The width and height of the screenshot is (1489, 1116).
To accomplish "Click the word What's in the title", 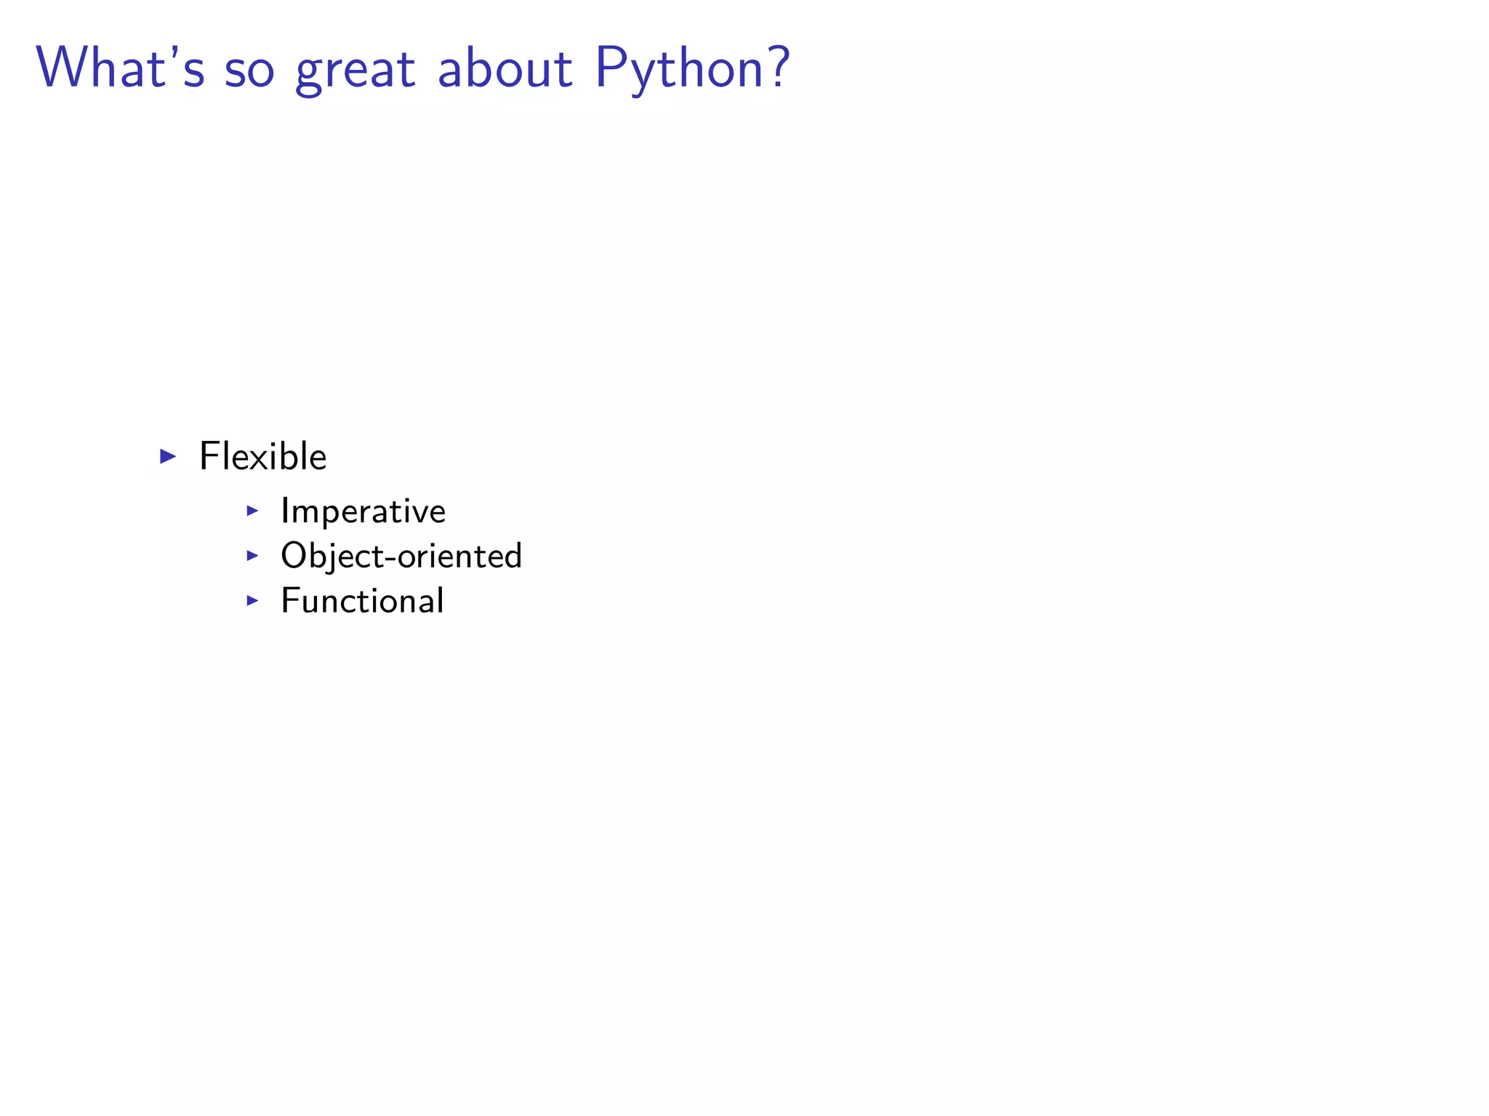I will click(x=121, y=68).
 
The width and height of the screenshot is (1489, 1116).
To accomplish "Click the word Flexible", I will click(x=262, y=457).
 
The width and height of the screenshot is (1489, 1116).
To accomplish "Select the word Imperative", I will click(x=363, y=511).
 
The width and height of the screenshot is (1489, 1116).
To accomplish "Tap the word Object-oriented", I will click(x=401, y=557).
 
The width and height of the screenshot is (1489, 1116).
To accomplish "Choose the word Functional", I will click(x=362, y=602).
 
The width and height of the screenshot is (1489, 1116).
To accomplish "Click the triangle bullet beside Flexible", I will click(x=168, y=457).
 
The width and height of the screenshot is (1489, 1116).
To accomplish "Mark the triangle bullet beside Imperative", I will click(x=252, y=511).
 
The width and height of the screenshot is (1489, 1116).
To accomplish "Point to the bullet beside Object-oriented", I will click(x=252, y=556).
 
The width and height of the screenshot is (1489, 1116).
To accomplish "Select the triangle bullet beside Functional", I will click(x=252, y=601).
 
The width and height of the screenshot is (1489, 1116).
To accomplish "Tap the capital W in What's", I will click(x=67, y=68).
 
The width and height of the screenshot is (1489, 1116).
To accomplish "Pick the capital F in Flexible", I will click(x=209, y=456).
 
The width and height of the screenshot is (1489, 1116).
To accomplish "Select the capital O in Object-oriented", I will click(x=293, y=556).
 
